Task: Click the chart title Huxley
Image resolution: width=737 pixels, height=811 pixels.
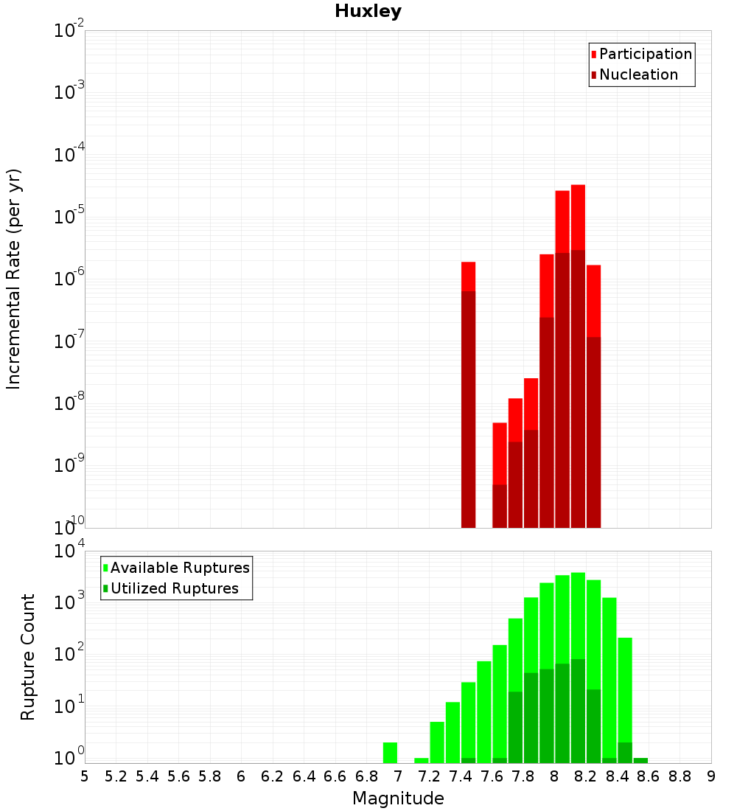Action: coord(368,11)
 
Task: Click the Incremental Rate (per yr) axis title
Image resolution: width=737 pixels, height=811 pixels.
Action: coord(13,279)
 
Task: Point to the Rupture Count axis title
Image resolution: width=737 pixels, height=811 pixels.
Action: coord(28,657)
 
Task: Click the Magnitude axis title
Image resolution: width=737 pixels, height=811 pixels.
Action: coord(398,798)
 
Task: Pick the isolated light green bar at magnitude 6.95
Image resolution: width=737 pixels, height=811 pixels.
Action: coord(390,753)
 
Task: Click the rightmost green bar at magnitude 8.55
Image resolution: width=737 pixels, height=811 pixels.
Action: coord(640,760)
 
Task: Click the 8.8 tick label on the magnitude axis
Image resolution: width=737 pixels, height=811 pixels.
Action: coord(680,776)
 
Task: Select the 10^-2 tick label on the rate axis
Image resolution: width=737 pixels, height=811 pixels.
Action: coord(69,31)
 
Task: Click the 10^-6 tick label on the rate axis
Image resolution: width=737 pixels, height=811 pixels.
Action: coord(69,279)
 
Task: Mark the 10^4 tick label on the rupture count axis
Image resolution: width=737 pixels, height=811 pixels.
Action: coord(69,551)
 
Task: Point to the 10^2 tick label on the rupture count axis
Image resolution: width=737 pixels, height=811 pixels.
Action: coord(69,655)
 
